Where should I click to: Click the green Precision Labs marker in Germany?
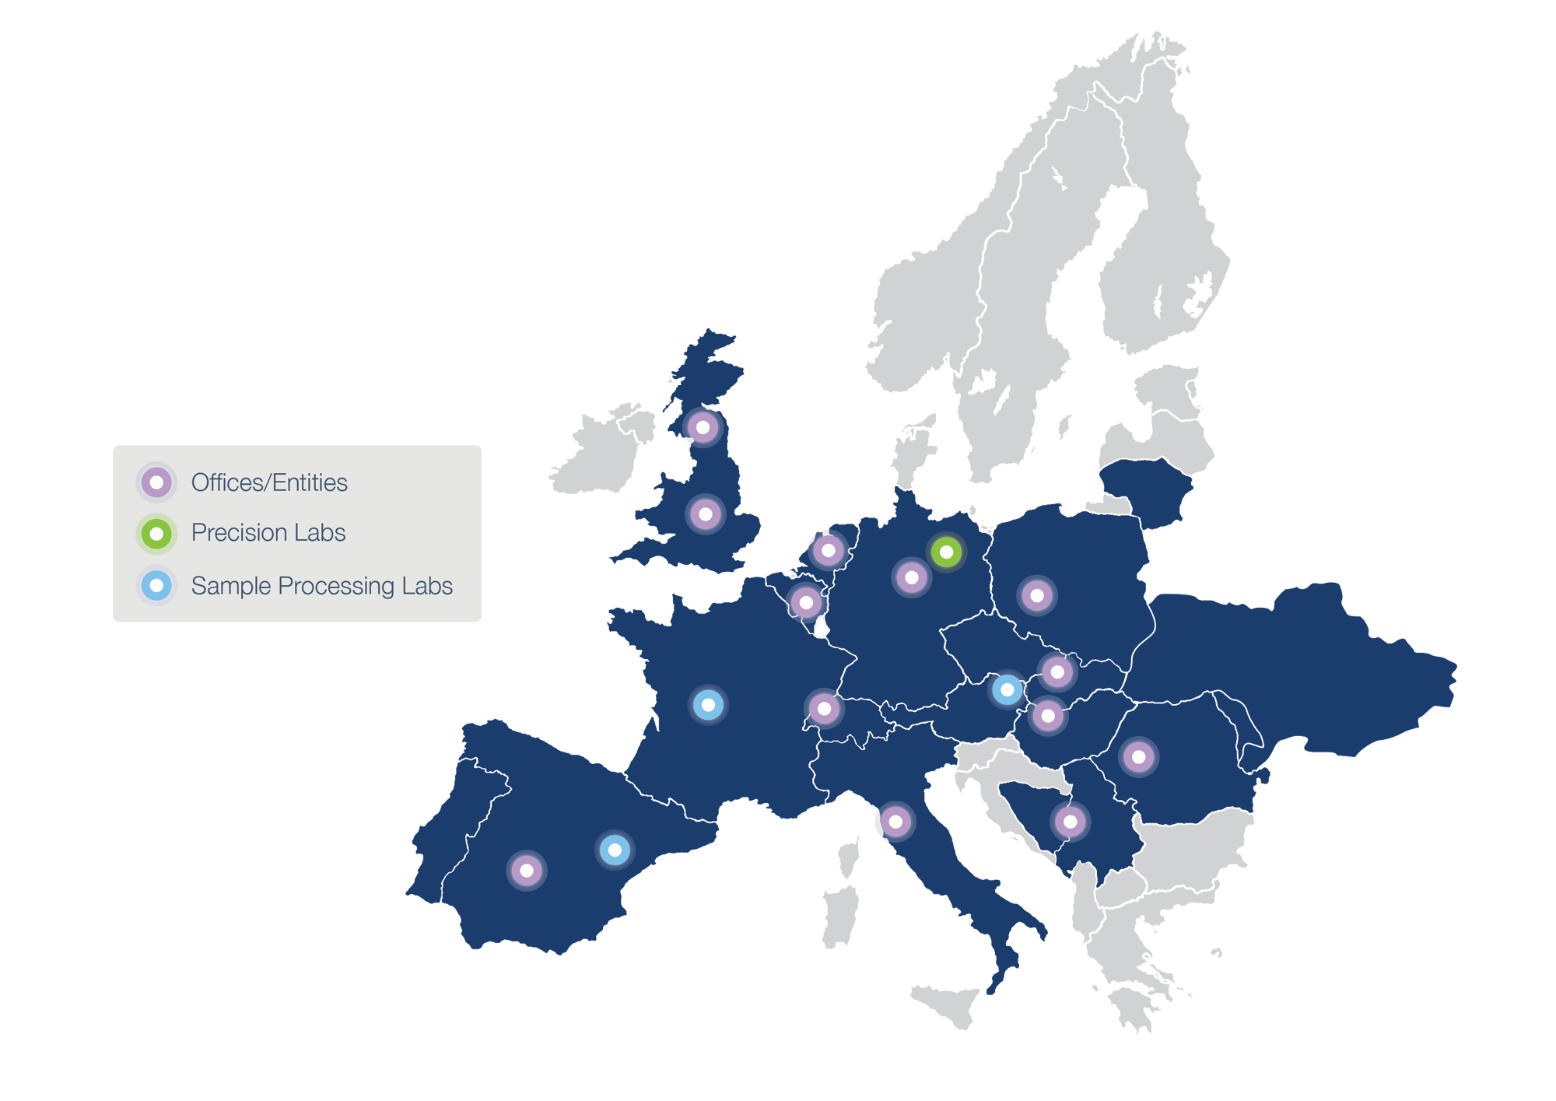946,552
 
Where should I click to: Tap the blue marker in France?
708,705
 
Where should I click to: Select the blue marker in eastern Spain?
615,850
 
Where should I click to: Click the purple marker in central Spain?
527,870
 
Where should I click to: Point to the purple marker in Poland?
1036,596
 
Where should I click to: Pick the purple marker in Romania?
1138,756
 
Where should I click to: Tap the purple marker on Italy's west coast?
895,822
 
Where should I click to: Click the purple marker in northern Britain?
703,427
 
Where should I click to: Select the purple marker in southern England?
706,514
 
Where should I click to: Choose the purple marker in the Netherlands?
828,551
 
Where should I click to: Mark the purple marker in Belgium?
806,602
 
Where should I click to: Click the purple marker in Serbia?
1070,821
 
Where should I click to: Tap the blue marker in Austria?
1007,689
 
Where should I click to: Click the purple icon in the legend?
156,482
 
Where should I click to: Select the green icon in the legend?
156,534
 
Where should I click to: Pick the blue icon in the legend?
156,585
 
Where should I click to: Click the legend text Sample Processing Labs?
321,586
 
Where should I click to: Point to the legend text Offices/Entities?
269,483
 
